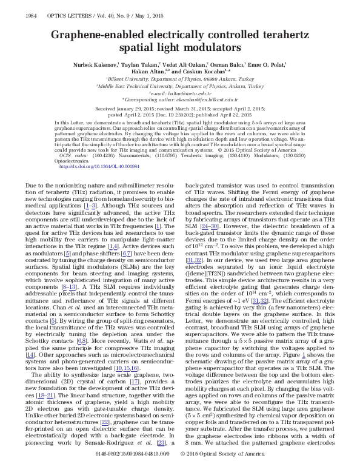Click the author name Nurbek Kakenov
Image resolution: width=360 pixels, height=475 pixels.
[92, 63]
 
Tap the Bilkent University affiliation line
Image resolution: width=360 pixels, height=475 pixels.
[180, 79]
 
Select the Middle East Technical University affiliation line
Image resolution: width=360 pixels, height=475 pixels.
[180, 86]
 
